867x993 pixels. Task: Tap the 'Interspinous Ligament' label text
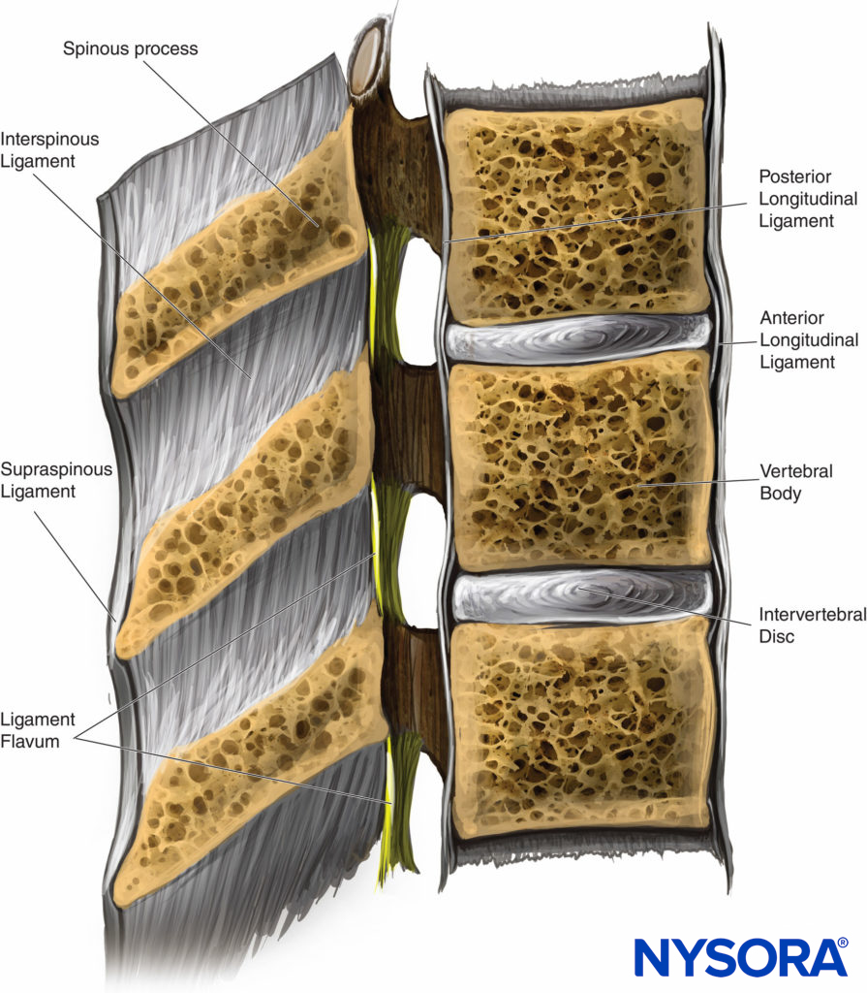pos(49,150)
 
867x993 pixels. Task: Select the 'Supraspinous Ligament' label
pos(56,480)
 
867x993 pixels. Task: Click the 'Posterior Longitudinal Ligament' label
pos(809,198)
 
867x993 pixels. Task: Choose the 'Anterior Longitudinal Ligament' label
pos(809,340)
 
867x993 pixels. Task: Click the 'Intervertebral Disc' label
pos(809,625)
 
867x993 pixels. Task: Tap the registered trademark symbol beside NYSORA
pos(842,942)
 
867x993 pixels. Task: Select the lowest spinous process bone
pos(257,766)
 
